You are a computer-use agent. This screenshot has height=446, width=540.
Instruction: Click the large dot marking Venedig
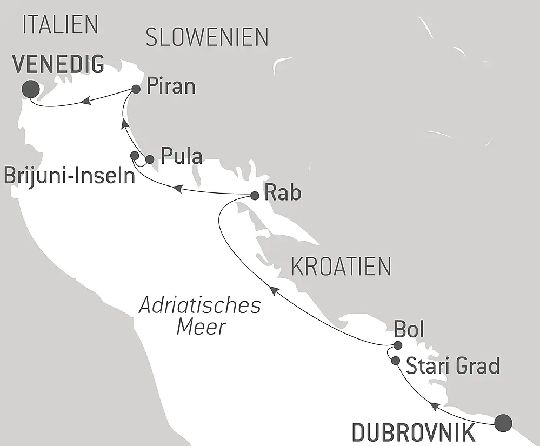point(30,89)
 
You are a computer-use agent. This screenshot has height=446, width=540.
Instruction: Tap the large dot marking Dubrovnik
point(503,422)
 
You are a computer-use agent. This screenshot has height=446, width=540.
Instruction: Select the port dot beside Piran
point(136,88)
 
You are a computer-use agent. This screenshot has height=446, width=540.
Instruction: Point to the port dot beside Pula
point(150,159)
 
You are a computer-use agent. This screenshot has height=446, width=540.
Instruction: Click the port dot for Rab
point(255,196)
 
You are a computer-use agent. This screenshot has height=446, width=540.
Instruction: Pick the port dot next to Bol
point(398,345)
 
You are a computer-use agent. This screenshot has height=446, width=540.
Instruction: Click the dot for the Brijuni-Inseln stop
point(135,156)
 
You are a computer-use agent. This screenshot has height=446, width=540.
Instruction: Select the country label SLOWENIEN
point(207,37)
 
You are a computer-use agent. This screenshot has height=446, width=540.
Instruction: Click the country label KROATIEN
point(341,267)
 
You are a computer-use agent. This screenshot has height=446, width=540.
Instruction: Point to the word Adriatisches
point(200,305)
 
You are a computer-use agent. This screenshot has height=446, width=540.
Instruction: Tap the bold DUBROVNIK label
point(414,434)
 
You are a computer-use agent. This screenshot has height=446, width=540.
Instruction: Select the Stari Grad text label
point(452,367)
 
